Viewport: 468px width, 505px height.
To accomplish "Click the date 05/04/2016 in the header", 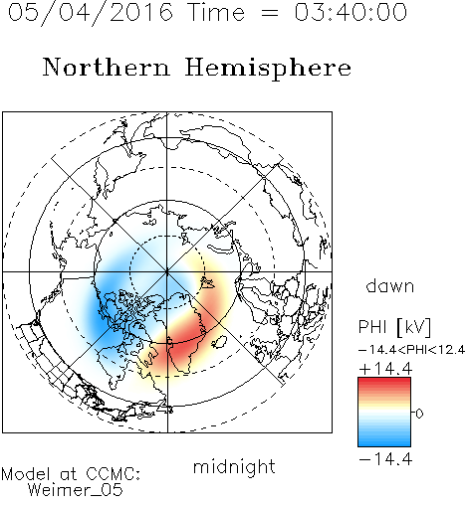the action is click(91, 12).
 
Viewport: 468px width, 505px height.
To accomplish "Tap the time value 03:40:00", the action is click(351, 12).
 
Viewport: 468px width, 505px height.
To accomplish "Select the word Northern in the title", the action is click(107, 67).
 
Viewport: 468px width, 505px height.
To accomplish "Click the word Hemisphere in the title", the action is click(268, 68).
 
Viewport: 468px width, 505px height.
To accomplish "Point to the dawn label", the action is click(390, 285).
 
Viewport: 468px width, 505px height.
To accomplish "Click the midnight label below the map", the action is click(234, 467).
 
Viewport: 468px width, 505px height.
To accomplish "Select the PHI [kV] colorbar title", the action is click(394, 327).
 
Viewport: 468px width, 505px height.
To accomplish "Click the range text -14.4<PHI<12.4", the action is click(412, 350).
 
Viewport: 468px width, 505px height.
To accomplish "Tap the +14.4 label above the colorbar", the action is click(385, 369).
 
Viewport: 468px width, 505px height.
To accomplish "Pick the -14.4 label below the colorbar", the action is click(385, 459).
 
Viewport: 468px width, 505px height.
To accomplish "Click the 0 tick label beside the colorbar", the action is click(419, 414).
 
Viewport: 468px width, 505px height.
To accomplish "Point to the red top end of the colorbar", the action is click(384, 380).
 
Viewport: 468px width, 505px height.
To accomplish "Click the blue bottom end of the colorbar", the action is click(384, 443).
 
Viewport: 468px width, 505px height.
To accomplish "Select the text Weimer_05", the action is click(76, 489).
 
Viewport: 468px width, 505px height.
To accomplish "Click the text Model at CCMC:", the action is click(71, 474).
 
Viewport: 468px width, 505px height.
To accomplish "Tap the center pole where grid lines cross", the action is click(167, 272).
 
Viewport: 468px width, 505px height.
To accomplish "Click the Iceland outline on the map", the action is click(219, 342).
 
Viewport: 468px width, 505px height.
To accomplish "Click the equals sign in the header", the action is click(270, 13).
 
